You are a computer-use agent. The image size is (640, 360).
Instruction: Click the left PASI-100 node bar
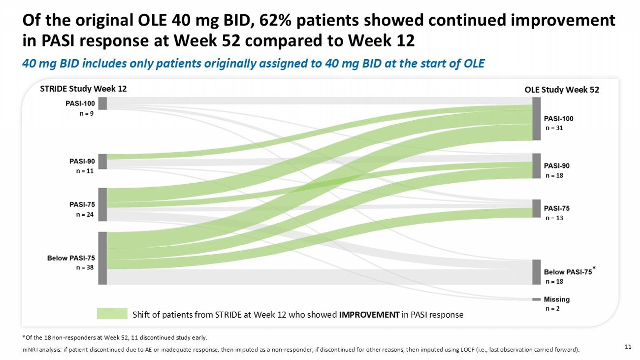(x=102, y=103)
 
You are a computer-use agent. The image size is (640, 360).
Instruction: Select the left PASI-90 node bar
(x=102, y=162)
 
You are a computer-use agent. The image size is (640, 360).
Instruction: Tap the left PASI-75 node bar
(x=102, y=204)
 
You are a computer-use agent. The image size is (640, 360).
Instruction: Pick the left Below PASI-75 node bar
(x=102, y=258)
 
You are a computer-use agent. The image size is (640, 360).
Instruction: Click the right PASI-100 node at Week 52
(x=537, y=119)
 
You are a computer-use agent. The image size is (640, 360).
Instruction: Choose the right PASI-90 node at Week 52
(x=537, y=166)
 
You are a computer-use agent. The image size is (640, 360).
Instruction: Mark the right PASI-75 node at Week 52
(x=537, y=208)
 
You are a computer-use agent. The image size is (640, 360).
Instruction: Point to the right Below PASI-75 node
(x=537, y=272)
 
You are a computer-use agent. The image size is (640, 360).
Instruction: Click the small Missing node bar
(x=537, y=299)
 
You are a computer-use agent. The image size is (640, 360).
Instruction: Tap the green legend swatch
(x=112, y=314)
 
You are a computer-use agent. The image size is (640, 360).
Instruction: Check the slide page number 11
(x=628, y=347)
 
